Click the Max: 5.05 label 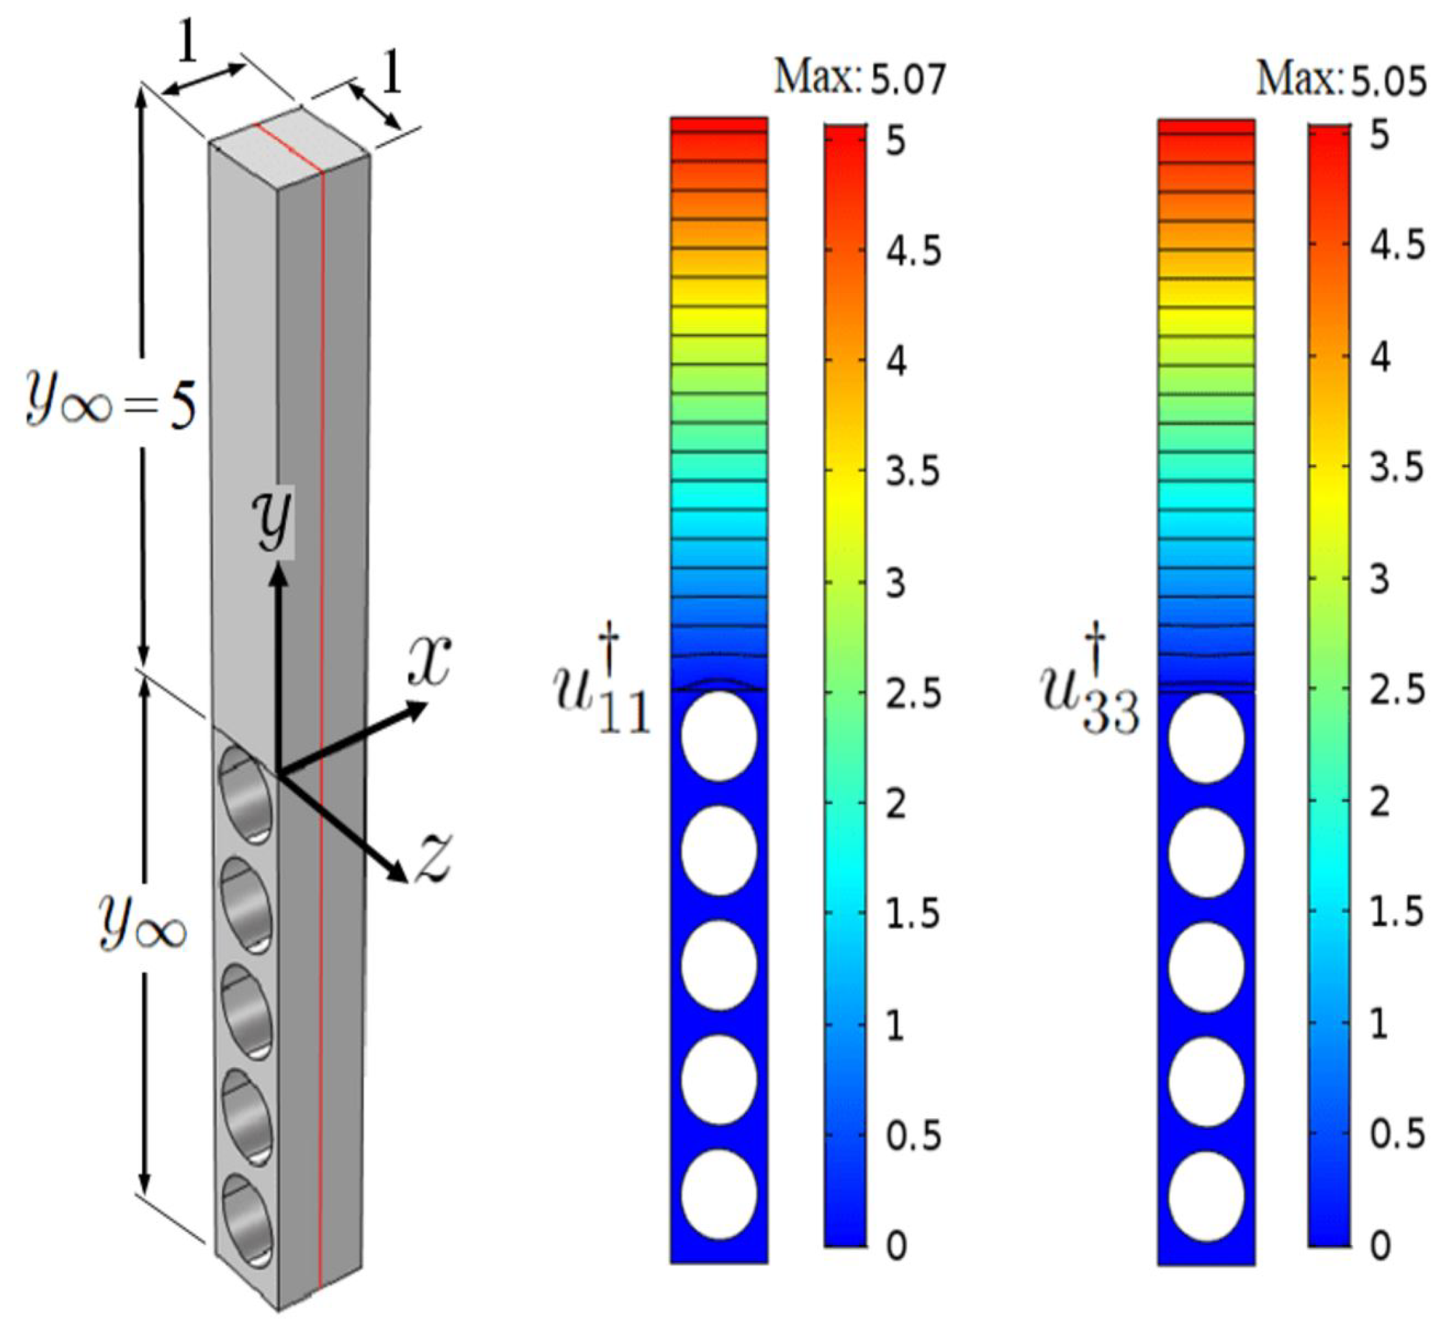1340,78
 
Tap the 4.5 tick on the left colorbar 913,251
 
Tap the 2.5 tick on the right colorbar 1397,690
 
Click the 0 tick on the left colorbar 896,1246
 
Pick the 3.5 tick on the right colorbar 1397,468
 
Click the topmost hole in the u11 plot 719,736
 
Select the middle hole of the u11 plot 719,965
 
